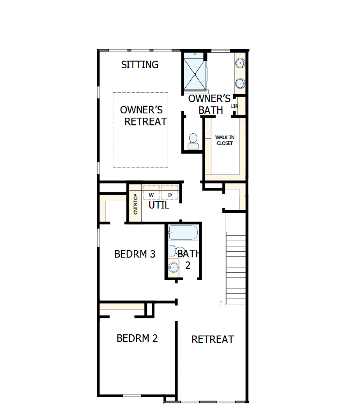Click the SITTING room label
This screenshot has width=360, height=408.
point(140,65)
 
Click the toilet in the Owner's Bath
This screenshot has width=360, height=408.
point(193,141)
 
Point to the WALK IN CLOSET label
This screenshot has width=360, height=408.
point(225,140)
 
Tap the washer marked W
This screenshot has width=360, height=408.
point(151,194)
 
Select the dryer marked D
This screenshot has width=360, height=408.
point(170,194)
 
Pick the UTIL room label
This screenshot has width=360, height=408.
point(159,205)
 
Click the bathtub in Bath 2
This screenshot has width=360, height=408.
point(183,233)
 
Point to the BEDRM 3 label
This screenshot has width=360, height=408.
point(135,254)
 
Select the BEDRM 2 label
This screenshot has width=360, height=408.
point(137,338)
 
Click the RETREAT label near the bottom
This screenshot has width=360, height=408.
point(213,339)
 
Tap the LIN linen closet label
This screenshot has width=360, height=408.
point(234,106)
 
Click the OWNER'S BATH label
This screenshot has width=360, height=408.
point(210,104)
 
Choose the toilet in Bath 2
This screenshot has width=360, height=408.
point(178,251)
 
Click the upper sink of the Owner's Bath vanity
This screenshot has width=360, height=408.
point(240,63)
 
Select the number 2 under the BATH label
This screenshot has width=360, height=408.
point(188,265)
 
